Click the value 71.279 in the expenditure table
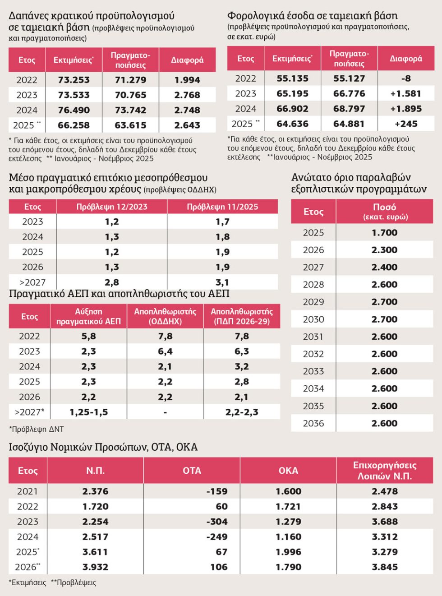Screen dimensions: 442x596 pyautogui.click(x=131, y=80)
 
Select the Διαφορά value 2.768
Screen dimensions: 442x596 pyautogui.click(x=187, y=95)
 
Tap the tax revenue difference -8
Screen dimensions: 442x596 pyautogui.click(x=406, y=79)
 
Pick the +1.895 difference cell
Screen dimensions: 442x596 pyautogui.click(x=406, y=109)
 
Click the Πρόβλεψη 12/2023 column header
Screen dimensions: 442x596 pyautogui.click(x=112, y=207)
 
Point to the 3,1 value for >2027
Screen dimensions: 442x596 pyautogui.click(x=222, y=282)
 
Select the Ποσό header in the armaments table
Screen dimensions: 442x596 pyautogui.click(x=385, y=207)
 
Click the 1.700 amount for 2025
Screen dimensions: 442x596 pyautogui.click(x=385, y=232)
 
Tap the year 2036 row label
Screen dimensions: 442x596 pyautogui.click(x=313, y=423)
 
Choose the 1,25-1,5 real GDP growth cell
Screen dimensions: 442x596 pyautogui.click(x=89, y=412)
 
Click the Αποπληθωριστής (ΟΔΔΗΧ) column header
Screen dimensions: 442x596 pyautogui.click(x=165, y=316)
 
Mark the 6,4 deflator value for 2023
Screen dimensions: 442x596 pyautogui.click(x=165, y=351)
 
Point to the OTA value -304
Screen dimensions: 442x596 pyautogui.click(x=217, y=522)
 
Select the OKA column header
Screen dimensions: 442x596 pyautogui.click(x=288, y=471)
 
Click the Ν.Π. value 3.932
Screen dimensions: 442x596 pyautogui.click(x=95, y=567)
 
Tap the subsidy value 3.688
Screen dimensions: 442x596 pyautogui.click(x=385, y=522)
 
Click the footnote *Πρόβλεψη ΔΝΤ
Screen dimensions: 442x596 pyautogui.click(x=37, y=429)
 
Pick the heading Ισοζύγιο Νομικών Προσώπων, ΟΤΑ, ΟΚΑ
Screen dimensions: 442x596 pyautogui.click(x=103, y=447)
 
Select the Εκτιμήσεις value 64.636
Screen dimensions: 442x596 pyautogui.click(x=293, y=124)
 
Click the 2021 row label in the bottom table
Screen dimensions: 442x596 pyautogui.click(x=28, y=491)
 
